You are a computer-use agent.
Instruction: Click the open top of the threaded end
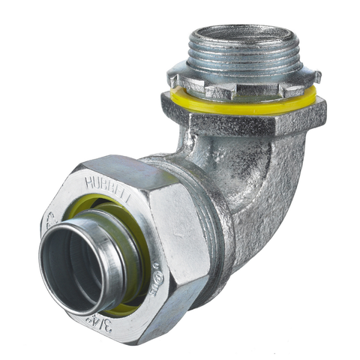240,33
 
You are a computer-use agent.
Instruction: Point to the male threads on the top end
240,56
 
